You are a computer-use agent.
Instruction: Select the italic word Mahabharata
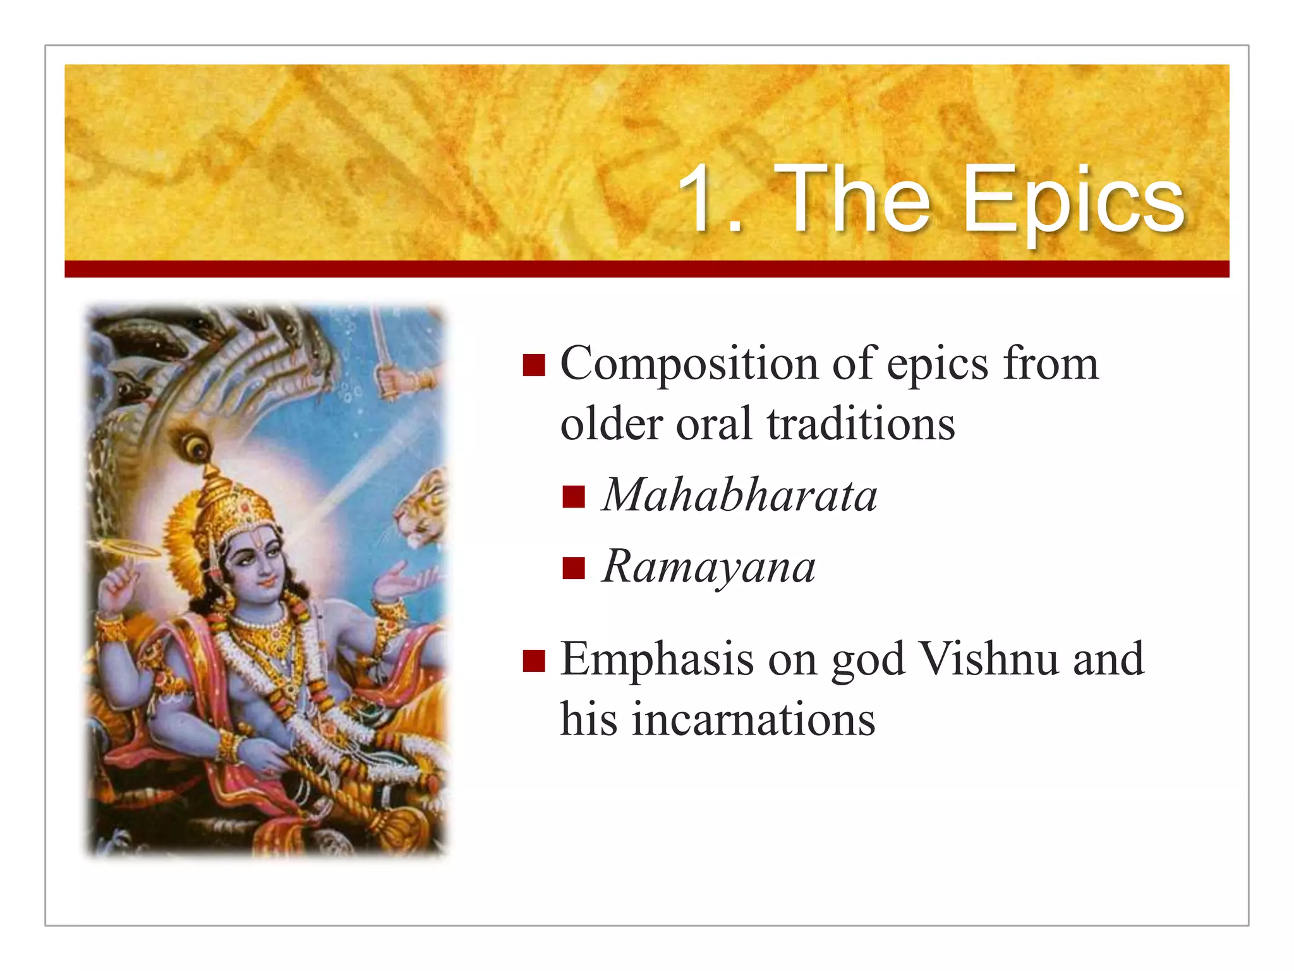point(739,496)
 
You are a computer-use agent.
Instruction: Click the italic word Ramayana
point(708,567)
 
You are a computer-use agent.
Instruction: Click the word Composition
point(689,365)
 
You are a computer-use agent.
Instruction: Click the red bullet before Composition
point(534,365)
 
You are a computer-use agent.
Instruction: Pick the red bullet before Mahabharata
point(573,497)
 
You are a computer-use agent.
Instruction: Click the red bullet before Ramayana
point(573,568)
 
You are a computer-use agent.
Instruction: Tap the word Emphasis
point(657,660)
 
